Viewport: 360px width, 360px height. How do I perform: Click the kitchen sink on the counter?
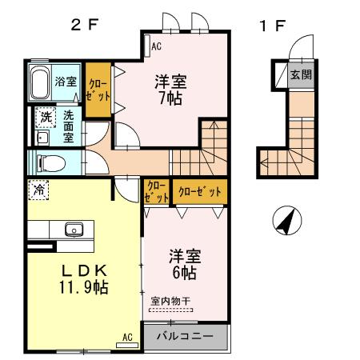pyautogui.click(x=74, y=229)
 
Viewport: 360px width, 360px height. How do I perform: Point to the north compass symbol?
pyautogui.click(x=284, y=220)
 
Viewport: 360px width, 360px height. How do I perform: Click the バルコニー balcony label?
pyautogui.click(x=185, y=337)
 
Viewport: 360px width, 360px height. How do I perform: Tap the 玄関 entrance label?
pyautogui.click(x=301, y=75)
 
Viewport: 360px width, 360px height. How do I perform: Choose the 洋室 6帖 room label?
pyautogui.click(x=185, y=264)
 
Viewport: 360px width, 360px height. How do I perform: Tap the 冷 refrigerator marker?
pyautogui.click(x=38, y=190)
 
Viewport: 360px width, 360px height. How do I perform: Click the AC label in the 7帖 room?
pyautogui.click(x=155, y=46)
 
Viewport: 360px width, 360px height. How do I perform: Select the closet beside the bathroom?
pyautogui.click(x=98, y=90)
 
